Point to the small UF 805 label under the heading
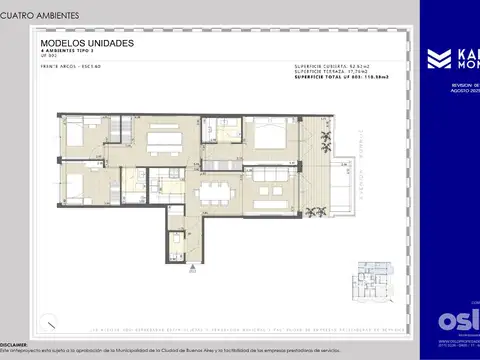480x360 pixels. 46,59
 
